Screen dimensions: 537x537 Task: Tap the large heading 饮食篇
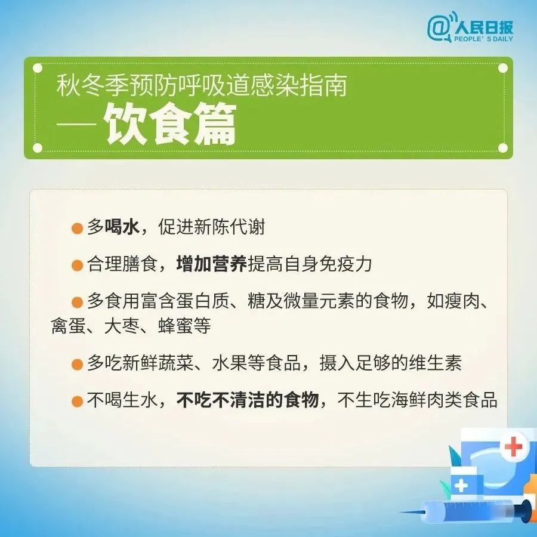[x=171, y=125]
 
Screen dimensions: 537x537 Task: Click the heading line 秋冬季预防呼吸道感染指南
[x=201, y=87]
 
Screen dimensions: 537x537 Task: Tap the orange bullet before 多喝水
[x=76, y=229]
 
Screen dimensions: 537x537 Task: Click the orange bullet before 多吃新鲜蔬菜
[x=76, y=364]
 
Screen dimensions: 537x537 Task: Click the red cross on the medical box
[x=513, y=446]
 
